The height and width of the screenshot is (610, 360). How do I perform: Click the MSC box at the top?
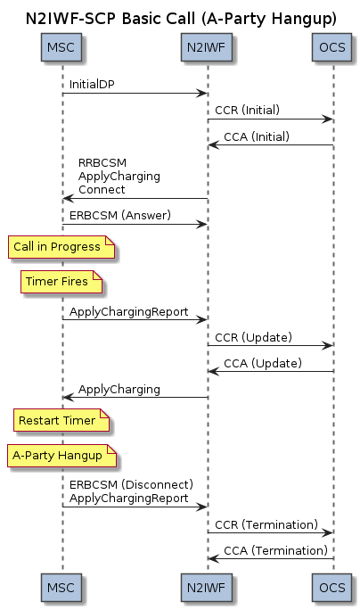61,47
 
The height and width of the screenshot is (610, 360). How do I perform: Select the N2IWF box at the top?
206,47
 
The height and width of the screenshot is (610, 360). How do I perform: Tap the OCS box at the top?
331,47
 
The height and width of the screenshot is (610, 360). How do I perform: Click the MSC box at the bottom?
61,587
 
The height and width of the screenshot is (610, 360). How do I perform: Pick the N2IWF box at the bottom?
206,587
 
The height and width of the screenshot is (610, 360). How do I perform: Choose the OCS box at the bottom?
331,587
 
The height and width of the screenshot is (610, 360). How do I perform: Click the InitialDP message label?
92,85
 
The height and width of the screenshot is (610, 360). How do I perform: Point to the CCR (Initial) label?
247,110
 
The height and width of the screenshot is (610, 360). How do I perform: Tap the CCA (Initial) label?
257,136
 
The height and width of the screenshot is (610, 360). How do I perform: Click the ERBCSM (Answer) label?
120,215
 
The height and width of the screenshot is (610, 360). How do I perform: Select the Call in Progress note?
61,247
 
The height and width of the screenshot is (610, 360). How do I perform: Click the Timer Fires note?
61,281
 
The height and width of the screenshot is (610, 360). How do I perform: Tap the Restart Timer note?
61,420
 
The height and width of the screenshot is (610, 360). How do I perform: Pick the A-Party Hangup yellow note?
61,455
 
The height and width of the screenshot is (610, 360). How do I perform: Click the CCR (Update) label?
253,337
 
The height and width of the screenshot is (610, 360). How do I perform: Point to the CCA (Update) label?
263,363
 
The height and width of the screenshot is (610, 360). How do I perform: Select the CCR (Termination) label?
266,524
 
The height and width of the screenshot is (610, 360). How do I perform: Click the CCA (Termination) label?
276,551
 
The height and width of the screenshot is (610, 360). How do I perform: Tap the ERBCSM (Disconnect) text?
131,485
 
